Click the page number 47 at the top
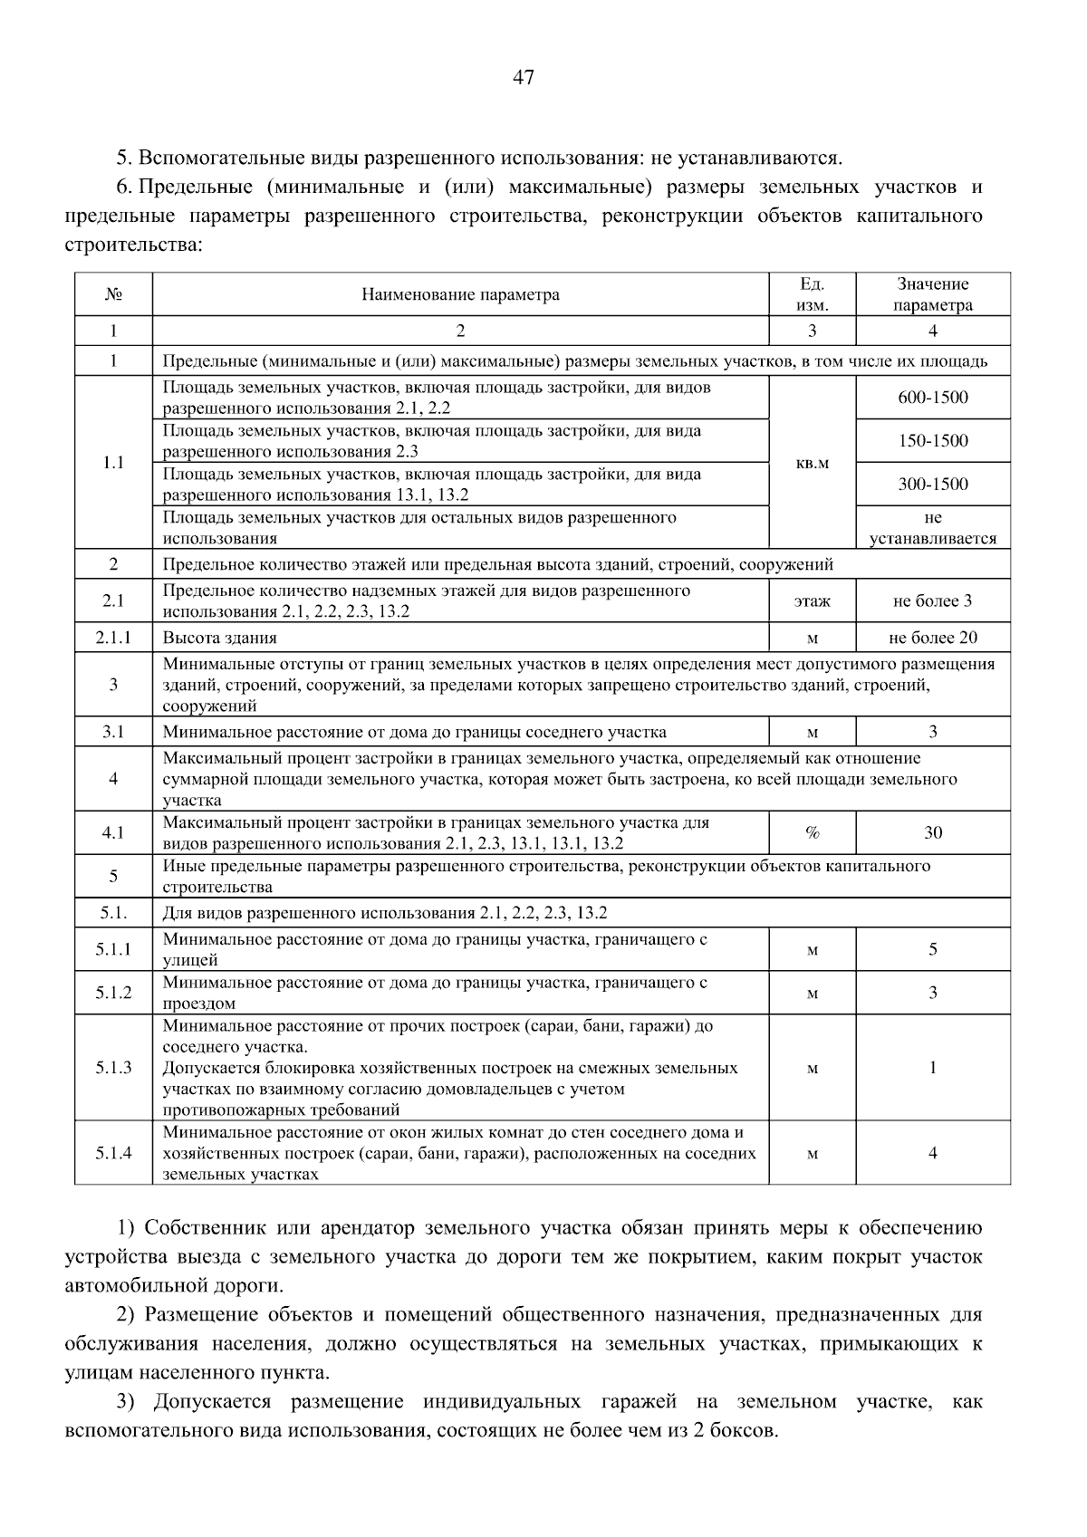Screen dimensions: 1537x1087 coord(524,78)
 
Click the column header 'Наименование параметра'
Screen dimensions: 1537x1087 coord(460,294)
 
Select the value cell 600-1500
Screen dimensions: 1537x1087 coord(932,398)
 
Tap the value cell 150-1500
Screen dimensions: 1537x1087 coord(932,441)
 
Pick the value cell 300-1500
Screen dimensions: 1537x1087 coord(932,485)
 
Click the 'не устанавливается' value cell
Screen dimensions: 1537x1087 coord(932,528)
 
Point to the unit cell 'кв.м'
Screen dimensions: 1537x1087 coord(812,463)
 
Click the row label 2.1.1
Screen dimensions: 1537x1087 coord(113,638)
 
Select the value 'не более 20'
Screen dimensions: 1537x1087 coord(932,638)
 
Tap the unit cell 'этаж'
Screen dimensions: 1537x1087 coord(812,601)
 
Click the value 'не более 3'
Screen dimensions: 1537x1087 coord(932,601)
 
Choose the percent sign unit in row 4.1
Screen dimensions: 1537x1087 coord(812,833)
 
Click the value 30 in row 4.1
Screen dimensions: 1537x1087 coord(932,833)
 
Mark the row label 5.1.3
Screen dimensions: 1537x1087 coord(113,1068)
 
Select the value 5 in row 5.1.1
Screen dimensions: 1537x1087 coord(932,949)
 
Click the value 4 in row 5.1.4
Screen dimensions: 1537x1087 coord(932,1153)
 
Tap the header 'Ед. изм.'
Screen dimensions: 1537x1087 coord(812,294)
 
